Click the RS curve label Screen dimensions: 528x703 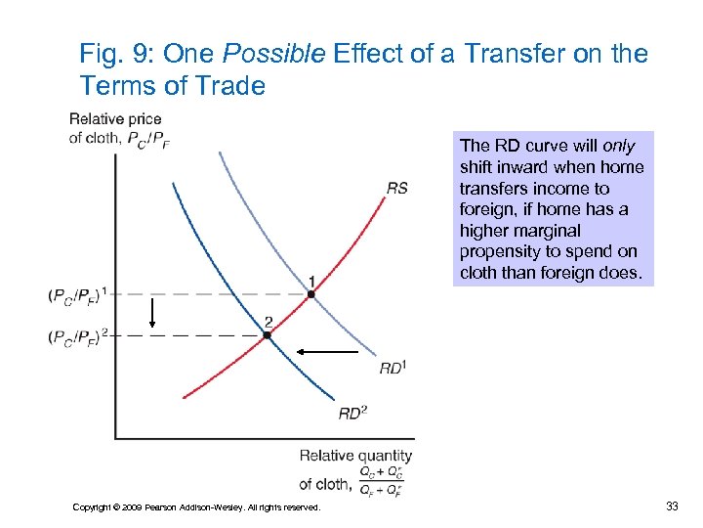point(397,188)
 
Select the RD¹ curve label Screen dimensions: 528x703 point(392,368)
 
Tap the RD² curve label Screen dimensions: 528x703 point(352,413)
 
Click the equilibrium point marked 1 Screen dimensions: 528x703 point(310,293)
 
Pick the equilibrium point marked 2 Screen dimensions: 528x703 point(267,334)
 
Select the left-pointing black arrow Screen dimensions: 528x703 point(327,350)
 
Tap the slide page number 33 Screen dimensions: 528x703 point(671,506)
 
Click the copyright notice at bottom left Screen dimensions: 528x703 point(196,506)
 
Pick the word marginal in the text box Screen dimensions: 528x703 point(547,231)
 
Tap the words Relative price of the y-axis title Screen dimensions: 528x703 point(115,119)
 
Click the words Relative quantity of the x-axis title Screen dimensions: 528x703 point(355,456)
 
